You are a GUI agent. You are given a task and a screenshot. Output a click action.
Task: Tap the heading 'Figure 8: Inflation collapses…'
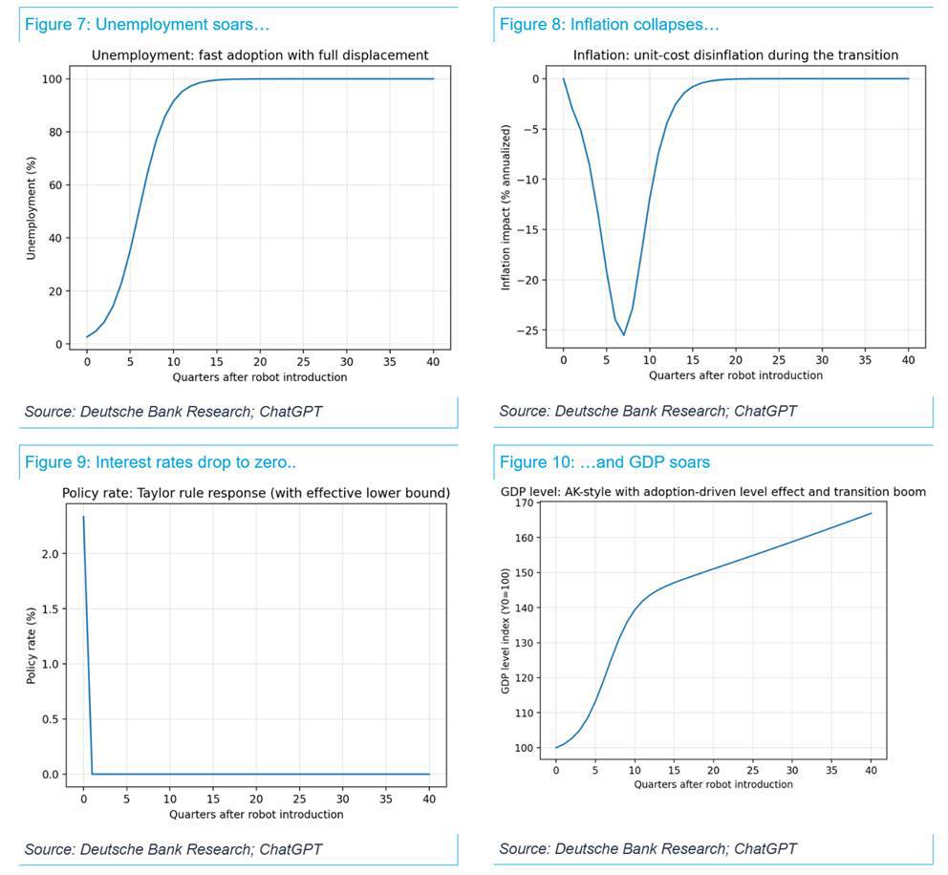(x=609, y=25)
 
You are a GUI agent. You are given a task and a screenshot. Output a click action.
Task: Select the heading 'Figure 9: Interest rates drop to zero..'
(x=160, y=463)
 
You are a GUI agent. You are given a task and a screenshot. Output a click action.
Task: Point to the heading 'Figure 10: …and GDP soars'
(x=604, y=463)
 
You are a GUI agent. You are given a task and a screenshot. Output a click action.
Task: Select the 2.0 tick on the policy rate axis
(x=50, y=554)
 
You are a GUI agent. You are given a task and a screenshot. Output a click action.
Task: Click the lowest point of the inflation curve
(x=624, y=335)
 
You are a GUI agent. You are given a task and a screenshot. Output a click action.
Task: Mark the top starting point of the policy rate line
(x=84, y=517)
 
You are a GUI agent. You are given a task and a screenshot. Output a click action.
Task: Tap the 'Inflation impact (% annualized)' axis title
(x=506, y=207)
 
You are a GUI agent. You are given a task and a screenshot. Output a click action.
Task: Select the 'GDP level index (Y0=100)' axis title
(x=506, y=629)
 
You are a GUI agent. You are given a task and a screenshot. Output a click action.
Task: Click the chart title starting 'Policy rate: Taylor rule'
(x=255, y=493)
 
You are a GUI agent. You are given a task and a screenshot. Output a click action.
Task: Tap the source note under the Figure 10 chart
(x=647, y=848)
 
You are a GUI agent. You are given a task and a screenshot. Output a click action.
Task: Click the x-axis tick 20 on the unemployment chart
(x=260, y=362)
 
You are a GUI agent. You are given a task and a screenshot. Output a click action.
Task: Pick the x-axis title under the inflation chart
(x=735, y=375)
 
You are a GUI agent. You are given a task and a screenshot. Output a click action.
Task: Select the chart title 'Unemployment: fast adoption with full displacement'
(x=259, y=55)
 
